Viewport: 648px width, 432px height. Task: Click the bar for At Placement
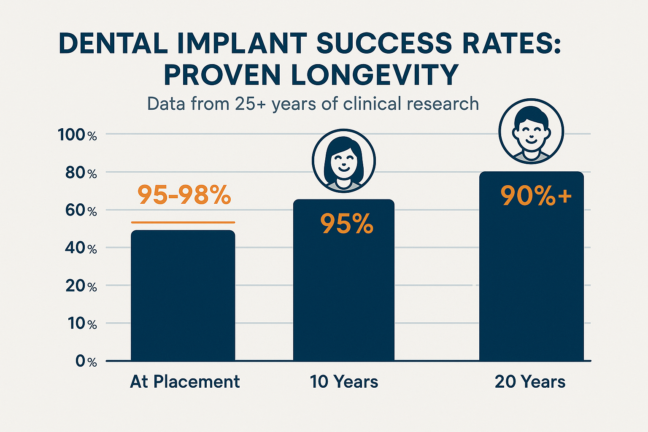[183, 295]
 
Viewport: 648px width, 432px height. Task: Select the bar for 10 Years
[344, 295]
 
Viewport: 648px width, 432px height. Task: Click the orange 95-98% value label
[184, 195]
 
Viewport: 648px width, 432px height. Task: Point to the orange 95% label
[347, 224]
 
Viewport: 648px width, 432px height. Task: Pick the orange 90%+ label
[536, 196]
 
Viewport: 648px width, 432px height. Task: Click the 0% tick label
[86, 362]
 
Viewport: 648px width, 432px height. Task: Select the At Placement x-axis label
[185, 382]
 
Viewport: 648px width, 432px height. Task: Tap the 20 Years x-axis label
[530, 382]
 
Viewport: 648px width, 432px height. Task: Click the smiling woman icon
[344, 161]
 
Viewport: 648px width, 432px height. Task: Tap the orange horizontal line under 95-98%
[183, 222]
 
